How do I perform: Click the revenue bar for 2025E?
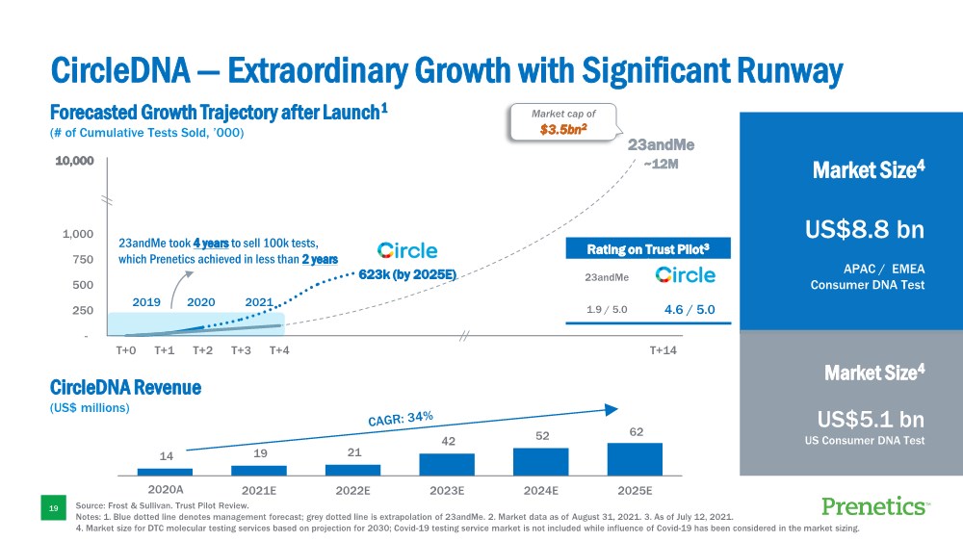pyautogui.click(x=635, y=458)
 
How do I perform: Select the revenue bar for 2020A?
pyautogui.click(x=165, y=472)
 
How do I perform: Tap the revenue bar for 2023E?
pyautogui.click(x=447, y=464)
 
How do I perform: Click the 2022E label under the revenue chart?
pyautogui.click(x=353, y=490)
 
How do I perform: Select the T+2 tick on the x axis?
pyautogui.click(x=202, y=350)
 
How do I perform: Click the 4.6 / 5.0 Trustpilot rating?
pyautogui.click(x=689, y=310)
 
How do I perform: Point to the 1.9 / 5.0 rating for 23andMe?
pyautogui.click(x=607, y=310)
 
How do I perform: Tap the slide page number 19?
pyautogui.click(x=54, y=506)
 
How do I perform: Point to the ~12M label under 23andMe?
pyautogui.click(x=662, y=164)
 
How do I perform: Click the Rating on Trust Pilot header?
pyautogui.click(x=648, y=249)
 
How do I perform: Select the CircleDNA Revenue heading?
pyautogui.click(x=125, y=387)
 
